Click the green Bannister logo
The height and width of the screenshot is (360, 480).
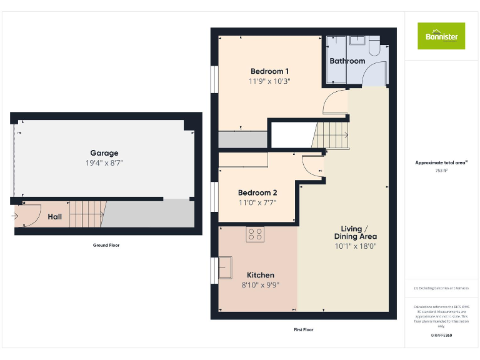(x=441, y=36)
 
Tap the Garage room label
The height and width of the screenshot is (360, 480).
(x=104, y=153)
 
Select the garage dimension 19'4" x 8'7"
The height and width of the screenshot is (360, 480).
(x=104, y=163)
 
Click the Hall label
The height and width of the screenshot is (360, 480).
(x=55, y=217)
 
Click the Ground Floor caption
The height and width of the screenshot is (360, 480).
(x=106, y=246)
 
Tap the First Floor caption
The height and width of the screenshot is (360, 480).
(x=303, y=329)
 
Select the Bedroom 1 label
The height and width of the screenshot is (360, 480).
(x=270, y=71)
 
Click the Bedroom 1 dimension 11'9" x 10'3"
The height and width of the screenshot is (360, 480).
(x=270, y=81)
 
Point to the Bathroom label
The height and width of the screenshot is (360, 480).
(x=347, y=61)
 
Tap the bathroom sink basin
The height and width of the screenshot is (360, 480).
(x=357, y=41)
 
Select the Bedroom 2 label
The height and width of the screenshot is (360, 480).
(x=257, y=192)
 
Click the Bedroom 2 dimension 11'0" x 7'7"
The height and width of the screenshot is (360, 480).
(x=257, y=202)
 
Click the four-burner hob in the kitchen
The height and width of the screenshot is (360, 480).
(x=255, y=235)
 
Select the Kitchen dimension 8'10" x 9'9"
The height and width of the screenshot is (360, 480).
(x=261, y=285)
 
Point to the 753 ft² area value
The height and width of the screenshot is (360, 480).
(x=441, y=170)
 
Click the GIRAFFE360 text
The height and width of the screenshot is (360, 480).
(x=441, y=336)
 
